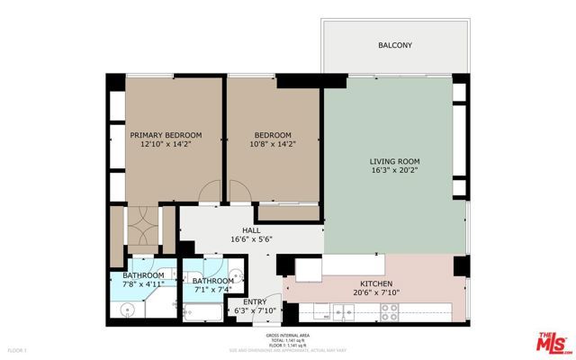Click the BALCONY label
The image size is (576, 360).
pos(394,44)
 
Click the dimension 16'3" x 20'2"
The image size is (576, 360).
pos(394,171)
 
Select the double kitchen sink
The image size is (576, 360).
pos(343,312)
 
